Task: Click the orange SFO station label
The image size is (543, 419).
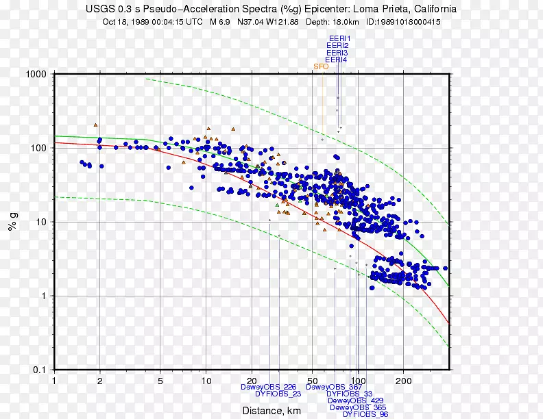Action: click(x=320, y=66)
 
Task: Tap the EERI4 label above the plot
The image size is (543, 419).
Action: click(x=336, y=60)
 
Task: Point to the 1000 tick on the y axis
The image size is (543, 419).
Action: click(x=36, y=74)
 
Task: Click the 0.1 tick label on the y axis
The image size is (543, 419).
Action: click(x=39, y=370)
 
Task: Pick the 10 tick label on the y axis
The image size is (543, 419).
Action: click(x=40, y=222)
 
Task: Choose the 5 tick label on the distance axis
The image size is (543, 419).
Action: click(x=160, y=380)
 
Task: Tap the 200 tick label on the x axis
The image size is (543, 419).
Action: click(x=403, y=380)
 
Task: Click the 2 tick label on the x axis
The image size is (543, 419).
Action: click(x=99, y=380)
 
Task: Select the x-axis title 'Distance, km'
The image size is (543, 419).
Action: click(x=272, y=411)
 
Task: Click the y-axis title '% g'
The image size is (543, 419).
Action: click(x=12, y=222)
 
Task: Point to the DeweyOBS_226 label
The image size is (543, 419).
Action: click(x=269, y=387)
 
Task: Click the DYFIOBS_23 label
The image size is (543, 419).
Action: click(x=278, y=394)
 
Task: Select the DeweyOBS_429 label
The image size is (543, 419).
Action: click(x=356, y=401)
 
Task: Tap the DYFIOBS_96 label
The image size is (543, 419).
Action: click(x=365, y=414)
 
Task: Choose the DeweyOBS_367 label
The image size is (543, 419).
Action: click(x=334, y=387)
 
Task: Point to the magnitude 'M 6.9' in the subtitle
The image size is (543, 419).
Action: click(x=220, y=21)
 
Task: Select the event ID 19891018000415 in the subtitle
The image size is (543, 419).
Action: click(x=403, y=21)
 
